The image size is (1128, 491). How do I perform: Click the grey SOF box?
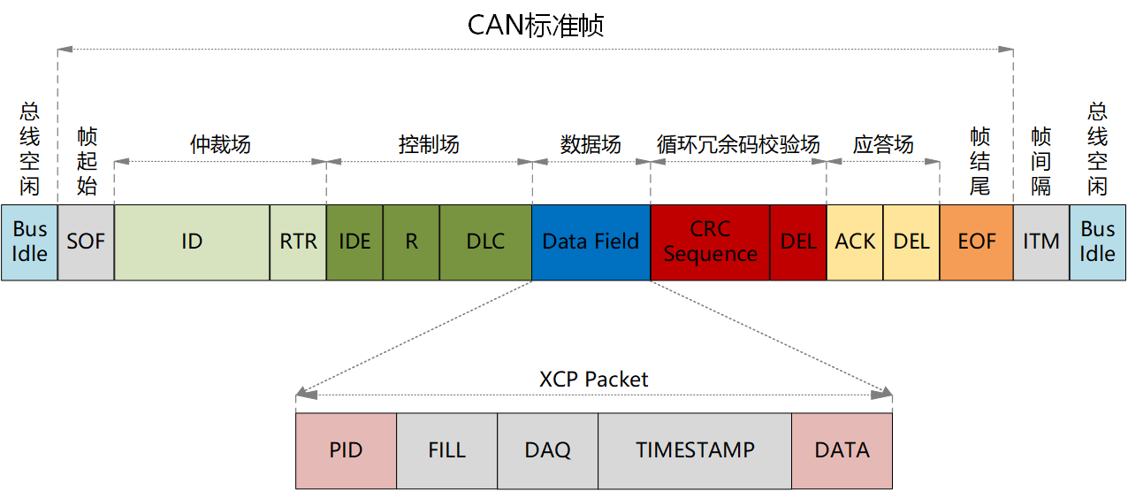(86, 242)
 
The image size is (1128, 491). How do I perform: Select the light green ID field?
(192, 242)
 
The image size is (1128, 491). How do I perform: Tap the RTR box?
(298, 242)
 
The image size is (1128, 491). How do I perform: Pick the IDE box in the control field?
(354, 242)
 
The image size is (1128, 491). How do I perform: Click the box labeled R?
(411, 242)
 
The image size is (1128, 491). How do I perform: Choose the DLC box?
(485, 242)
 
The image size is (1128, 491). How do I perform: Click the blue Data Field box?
(591, 242)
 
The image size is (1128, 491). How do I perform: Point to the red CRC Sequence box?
(710, 242)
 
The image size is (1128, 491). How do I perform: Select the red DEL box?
(798, 242)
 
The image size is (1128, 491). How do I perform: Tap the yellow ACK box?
(855, 242)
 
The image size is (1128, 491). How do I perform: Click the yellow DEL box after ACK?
(911, 242)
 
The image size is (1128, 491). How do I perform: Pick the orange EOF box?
(977, 242)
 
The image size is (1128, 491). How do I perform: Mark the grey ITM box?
(1041, 242)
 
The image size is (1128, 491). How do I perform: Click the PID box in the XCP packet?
(346, 450)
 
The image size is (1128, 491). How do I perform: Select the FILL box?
(446, 450)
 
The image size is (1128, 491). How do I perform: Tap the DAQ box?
(547, 450)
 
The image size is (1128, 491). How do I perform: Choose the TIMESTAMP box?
(695, 450)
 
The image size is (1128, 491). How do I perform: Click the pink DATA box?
(842, 450)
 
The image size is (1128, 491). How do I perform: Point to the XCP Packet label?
(594, 380)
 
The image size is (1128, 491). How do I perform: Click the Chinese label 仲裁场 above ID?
(220, 145)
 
